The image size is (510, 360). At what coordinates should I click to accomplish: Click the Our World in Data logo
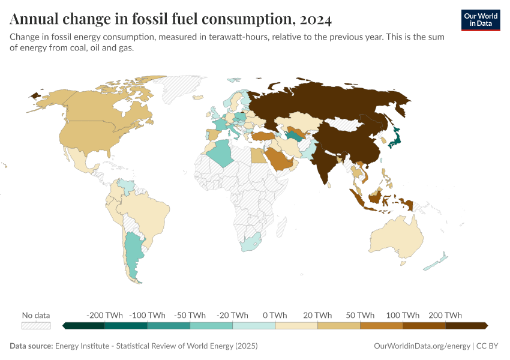point(481,20)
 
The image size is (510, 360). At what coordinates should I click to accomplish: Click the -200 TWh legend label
point(104,315)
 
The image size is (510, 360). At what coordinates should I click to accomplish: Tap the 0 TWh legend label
point(275,315)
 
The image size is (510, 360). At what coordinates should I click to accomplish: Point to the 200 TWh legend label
point(445,315)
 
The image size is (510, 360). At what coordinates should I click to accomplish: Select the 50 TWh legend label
point(360,315)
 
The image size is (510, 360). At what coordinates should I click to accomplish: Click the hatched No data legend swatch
point(36,326)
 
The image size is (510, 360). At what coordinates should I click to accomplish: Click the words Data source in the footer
point(31,346)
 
